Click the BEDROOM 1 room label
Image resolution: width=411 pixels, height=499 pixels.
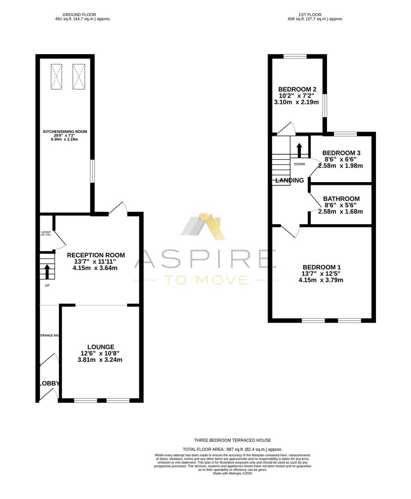pos(322,267)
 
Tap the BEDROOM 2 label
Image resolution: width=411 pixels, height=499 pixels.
pos(297,90)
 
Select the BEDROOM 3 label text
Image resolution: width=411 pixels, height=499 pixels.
pos(341,153)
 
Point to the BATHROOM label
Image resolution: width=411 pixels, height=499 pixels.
pos(341,199)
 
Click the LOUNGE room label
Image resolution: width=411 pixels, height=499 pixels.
pos(101,347)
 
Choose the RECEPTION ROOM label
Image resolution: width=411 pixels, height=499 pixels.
pos(96,255)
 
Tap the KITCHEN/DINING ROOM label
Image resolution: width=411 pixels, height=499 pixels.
pos(65,132)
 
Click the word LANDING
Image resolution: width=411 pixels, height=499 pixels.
pos(290,180)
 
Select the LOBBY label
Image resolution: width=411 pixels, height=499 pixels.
pos(49,383)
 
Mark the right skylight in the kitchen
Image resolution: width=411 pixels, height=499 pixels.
pos(79,76)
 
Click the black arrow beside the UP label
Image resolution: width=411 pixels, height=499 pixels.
pos(47,271)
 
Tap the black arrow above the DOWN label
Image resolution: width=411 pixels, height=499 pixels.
pos(299,151)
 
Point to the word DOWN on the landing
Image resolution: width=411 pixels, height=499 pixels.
pos(299,164)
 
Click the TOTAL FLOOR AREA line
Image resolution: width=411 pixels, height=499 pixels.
pos(232,449)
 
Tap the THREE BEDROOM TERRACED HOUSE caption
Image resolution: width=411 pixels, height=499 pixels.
pos(232,440)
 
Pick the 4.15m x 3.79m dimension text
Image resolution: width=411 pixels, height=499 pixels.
pos(322,280)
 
